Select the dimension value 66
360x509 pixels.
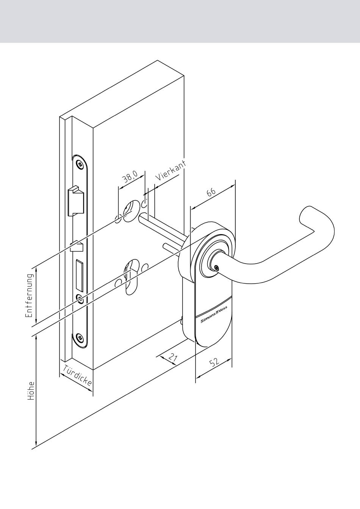211,192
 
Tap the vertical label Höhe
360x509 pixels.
31,391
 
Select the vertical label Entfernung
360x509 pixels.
29,295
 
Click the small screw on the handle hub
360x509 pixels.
216,268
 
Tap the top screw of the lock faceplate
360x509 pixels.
80,164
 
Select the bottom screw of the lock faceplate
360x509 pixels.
80,337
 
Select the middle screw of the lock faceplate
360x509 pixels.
80,298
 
